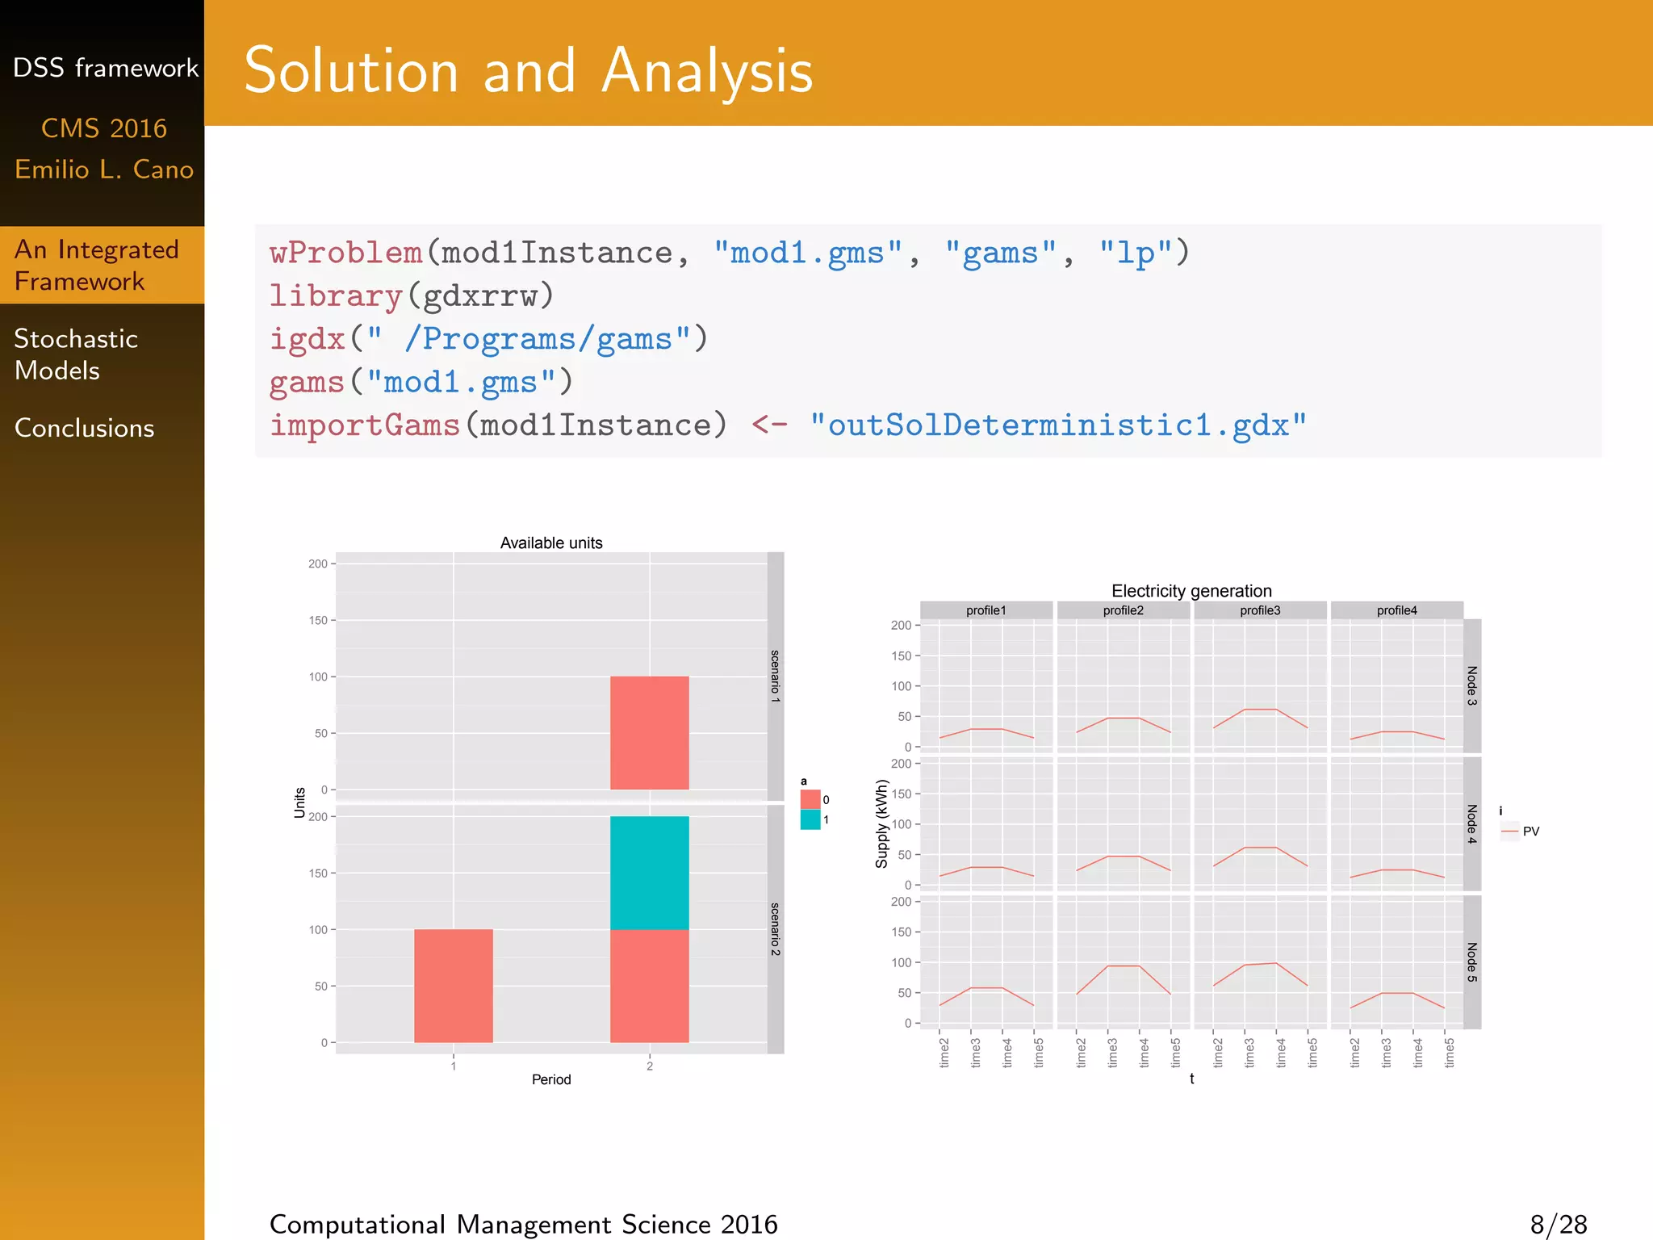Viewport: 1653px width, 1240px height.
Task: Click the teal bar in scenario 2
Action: [649, 873]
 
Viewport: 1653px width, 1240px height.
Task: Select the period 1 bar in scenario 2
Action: [453, 986]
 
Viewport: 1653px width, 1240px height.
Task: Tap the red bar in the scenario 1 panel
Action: [649, 733]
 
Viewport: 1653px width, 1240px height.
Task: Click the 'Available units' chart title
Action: [551, 543]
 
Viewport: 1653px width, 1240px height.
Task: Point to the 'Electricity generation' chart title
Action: [1191, 591]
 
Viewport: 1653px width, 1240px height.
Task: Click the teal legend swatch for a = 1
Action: [810, 819]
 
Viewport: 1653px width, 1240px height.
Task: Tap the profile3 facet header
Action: [1260, 610]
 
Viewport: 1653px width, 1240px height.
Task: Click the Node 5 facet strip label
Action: [1472, 961]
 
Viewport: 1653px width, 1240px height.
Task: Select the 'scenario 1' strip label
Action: [775, 677]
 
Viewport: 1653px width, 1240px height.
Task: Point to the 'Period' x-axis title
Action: [551, 1079]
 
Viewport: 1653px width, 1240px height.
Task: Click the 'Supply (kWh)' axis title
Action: [881, 823]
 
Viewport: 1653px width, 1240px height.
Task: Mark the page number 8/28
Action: [1558, 1224]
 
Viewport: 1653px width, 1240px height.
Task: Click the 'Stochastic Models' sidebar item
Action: [77, 354]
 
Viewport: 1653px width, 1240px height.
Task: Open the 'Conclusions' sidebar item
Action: [85, 428]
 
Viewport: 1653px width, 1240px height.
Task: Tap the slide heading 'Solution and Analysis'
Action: [529, 71]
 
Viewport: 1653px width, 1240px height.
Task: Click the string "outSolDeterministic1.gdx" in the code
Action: [1058, 425]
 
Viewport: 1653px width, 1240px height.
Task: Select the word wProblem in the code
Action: [346, 253]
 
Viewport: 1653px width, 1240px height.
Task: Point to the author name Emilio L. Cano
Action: [104, 170]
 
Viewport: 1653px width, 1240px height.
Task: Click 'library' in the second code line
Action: [336, 295]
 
